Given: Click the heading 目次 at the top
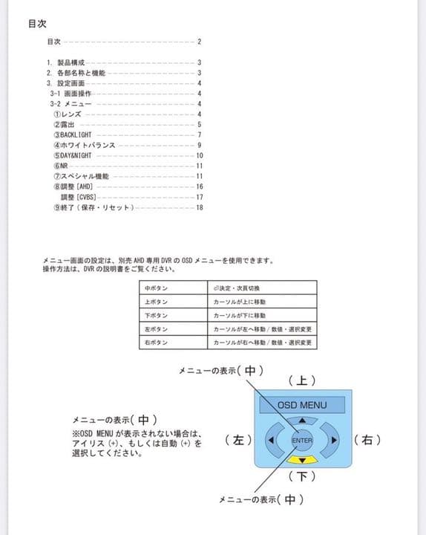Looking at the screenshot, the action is pos(38,23).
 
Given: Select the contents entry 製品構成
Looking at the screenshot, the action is pos(71,62).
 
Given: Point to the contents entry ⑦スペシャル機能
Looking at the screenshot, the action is pos(81,176).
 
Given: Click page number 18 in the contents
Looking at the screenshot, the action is pos(200,207).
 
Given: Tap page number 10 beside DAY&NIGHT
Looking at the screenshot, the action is pos(200,155).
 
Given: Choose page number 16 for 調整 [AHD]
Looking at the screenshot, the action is pos(200,187).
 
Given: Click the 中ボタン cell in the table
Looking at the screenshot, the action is pos(157,288).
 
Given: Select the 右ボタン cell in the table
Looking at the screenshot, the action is pos(157,343).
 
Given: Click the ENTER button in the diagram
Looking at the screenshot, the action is pos(302,441).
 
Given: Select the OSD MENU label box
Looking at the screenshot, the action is pos(303,405).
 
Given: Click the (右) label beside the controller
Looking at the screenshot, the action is pos(368,440).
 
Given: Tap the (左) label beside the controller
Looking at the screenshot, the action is pos(238,440).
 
